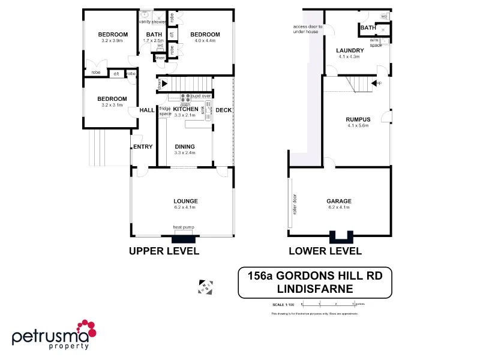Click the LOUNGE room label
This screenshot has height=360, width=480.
point(185,201)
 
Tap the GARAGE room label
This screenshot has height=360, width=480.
point(339,201)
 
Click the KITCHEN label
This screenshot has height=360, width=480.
point(185,109)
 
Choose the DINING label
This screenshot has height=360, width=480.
point(185,146)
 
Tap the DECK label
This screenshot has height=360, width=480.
point(223,110)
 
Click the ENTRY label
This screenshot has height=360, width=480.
point(143,146)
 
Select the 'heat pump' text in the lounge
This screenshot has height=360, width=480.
point(184,227)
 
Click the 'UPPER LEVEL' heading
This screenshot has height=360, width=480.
point(164,251)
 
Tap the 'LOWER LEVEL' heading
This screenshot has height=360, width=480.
point(325,251)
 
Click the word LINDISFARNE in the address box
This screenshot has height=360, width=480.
point(314,288)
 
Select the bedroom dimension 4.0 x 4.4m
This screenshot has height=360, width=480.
point(205,41)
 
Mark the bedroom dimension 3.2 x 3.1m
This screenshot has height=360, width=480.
point(112,105)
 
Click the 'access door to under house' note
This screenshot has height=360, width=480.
point(308,29)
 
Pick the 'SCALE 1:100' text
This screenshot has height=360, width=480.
point(282,305)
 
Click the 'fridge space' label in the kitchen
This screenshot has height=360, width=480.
point(165,111)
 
